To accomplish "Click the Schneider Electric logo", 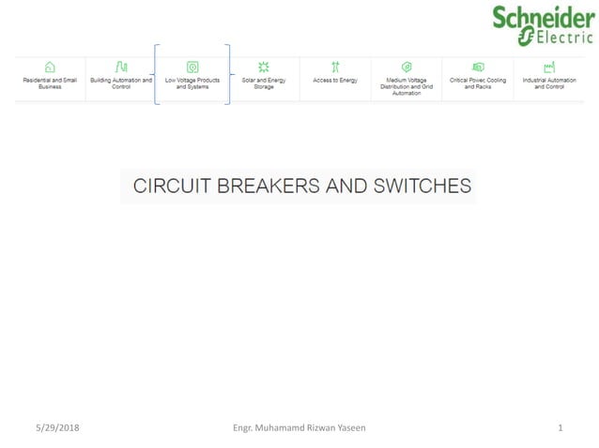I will pos(543,24).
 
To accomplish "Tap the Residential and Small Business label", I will pos(50,83).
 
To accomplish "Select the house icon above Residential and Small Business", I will pos(50,67).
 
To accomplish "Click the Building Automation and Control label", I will pos(121,83).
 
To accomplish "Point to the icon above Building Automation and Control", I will pos(121,67).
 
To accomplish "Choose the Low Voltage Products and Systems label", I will pos(192,83).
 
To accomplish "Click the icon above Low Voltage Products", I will pos(192,67).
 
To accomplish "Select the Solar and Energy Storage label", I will pos(264,83).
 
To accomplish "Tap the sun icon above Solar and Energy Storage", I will pos(264,67).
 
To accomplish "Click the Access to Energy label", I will pos(335,81).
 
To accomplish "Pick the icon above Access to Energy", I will pos(335,67).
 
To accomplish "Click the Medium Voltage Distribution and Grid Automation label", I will pos(407,86).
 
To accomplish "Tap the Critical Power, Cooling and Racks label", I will pos(478,83).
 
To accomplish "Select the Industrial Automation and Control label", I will pos(549,83).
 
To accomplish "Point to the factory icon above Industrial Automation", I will pos(549,67).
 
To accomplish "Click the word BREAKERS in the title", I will pos(269,187).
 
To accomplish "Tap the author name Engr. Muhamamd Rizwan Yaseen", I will pos(299,427).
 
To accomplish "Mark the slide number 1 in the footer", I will pos(561,427).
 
